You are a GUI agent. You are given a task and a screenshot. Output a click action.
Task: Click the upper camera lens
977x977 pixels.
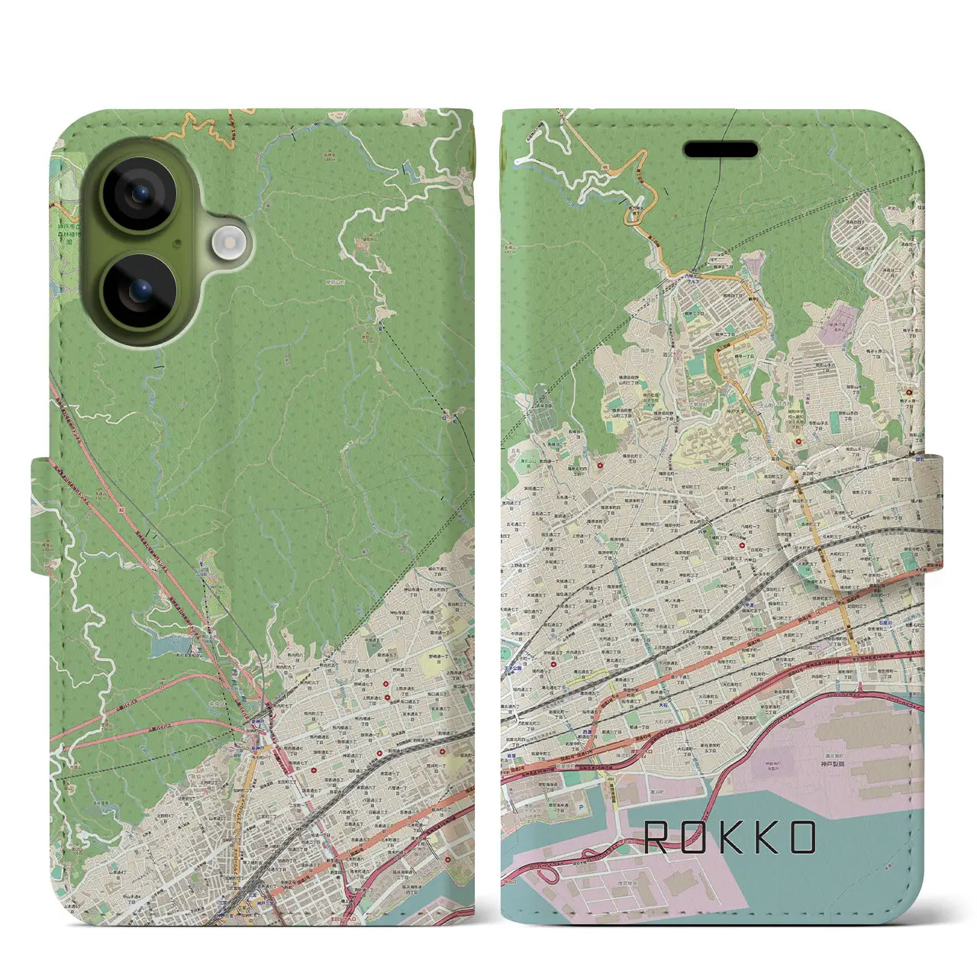pyautogui.click(x=140, y=194)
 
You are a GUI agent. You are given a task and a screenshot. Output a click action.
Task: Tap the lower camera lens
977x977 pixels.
pyautogui.click(x=140, y=291)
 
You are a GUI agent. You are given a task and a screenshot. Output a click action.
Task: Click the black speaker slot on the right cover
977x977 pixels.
pyautogui.click(x=721, y=150)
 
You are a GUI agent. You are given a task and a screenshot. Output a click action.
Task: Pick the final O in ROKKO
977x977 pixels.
pyautogui.click(x=801, y=838)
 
